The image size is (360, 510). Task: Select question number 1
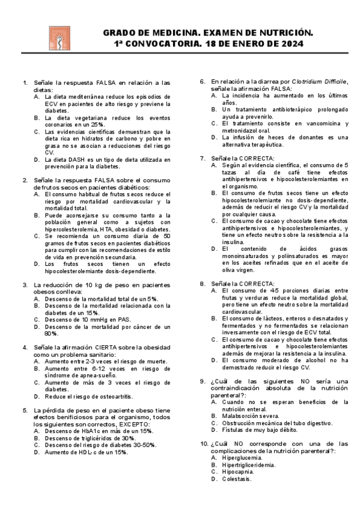[x=25, y=82]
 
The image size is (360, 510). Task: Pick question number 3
[x=25, y=285]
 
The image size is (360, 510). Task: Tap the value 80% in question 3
[x=51, y=333]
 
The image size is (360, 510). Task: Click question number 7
[x=203, y=158]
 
